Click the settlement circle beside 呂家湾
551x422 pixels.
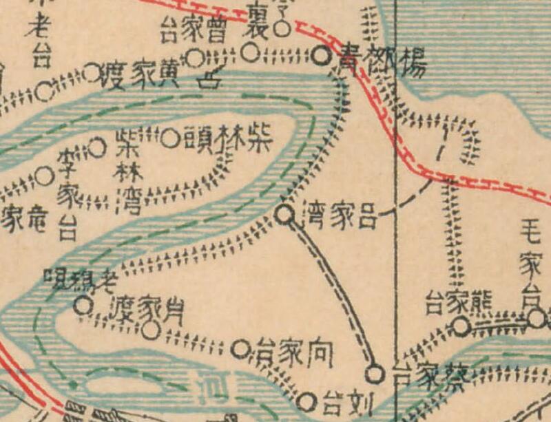coord(284,215)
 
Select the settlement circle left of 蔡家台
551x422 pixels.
coord(375,374)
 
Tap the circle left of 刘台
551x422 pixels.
coord(309,400)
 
